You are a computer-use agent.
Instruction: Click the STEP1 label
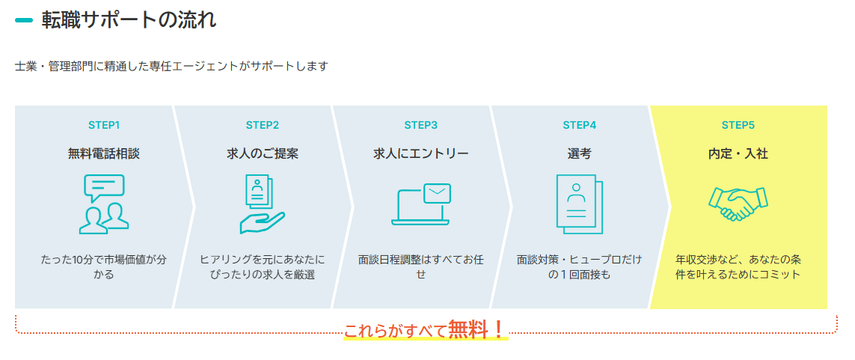[x=104, y=125]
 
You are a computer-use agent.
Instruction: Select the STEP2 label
[x=263, y=125]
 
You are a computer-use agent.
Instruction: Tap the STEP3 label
[x=421, y=125]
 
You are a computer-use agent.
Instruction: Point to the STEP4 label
[x=580, y=125]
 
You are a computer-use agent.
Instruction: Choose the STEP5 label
[x=738, y=125]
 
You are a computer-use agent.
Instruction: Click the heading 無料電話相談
[x=104, y=154]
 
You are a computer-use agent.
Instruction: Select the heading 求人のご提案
[x=263, y=154]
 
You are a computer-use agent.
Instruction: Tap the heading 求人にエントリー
[x=421, y=154]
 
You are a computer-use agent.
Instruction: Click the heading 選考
[x=579, y=154]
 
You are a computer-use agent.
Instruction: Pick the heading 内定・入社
[x=738, y=154]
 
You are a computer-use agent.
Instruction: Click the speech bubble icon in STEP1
[x=104, y=188]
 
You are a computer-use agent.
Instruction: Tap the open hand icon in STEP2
[x=263, y=222]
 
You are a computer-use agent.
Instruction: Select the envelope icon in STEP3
[x=437, y=193]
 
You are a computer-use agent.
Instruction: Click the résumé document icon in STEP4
[x=579, y=204]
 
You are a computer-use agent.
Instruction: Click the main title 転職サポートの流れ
[x=129, y=21]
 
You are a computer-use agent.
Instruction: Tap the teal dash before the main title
[x=24, y=21]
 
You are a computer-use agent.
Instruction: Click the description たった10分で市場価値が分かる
[x=104, y=266]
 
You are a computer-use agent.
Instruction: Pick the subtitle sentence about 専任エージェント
[x=172, y=67]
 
